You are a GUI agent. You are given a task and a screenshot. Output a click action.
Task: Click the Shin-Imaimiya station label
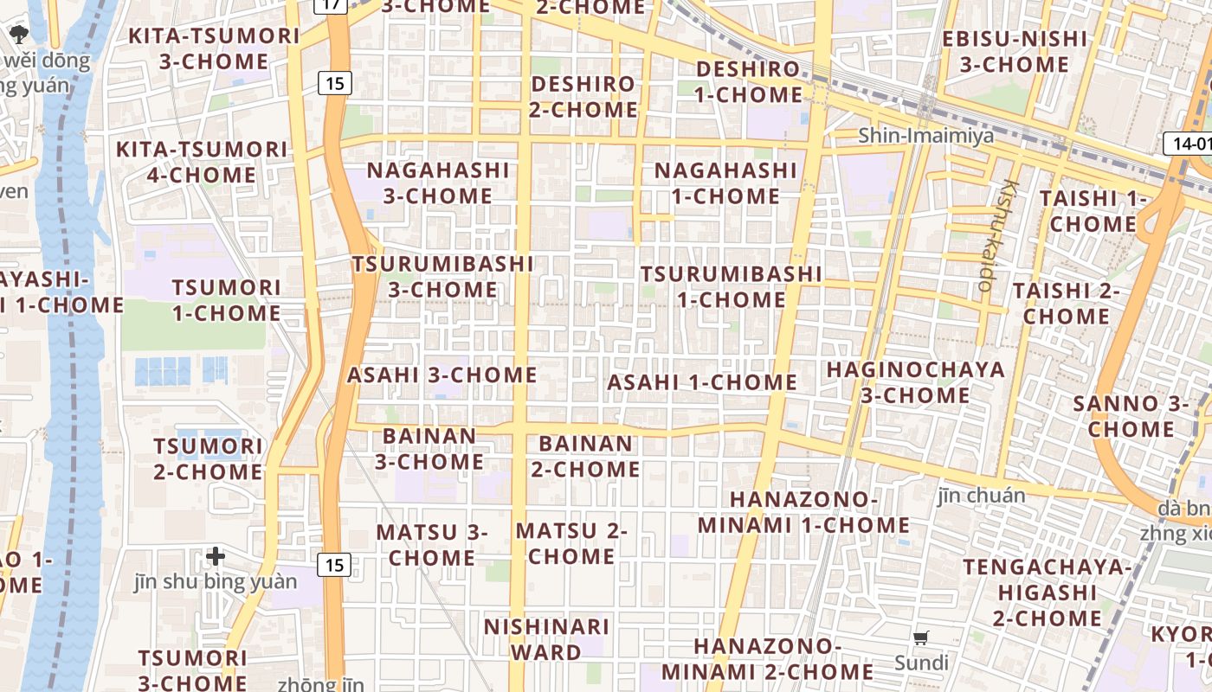[x=925, y=136]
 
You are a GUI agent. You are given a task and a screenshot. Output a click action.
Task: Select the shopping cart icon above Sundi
[x=921, y=638]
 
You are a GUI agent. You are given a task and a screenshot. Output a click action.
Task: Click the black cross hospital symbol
[x=216, y=556]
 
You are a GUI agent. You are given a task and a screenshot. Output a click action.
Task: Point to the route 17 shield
[x=334, y=4]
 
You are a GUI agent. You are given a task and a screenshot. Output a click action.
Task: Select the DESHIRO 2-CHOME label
[x=583, y=97]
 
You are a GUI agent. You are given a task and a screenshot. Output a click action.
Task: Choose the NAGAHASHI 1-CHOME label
[x=725, y=183]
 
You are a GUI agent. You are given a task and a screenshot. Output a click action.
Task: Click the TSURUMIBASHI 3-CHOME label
[x=442, y=276]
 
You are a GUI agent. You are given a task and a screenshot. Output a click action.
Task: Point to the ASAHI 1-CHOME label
[x=701, y=382]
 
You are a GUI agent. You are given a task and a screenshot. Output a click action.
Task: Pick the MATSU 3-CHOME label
[x=431, y=545]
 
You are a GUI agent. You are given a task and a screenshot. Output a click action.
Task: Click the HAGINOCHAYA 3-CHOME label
[x=915, y=382]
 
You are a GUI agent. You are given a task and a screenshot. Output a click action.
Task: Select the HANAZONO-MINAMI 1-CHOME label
[x=803, y=512]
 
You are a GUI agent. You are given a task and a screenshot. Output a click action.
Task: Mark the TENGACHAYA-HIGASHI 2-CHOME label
[x=1047, y=593]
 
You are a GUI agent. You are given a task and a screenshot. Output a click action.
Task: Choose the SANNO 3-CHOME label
[x=1131, y=416]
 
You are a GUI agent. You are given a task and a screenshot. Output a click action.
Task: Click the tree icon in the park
[x=18, y=35]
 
